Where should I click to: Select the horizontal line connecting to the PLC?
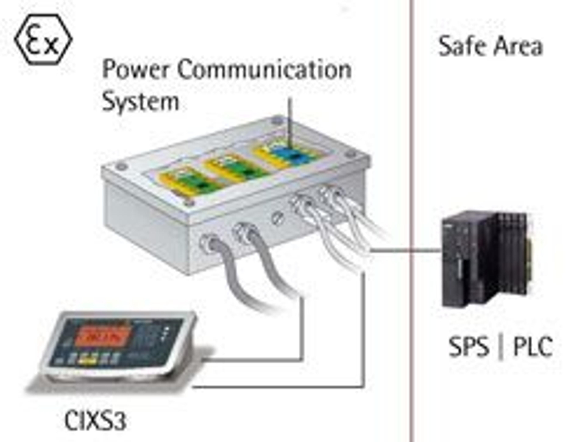coord(405,250)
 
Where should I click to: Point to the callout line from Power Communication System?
coord(290,119)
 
